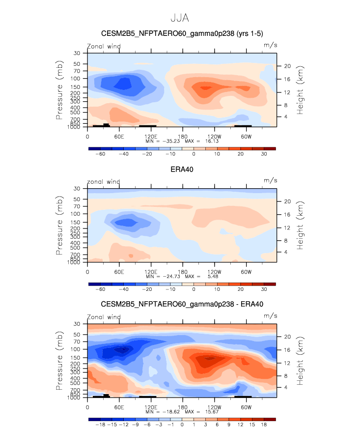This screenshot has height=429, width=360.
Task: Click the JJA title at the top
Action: click(180, 18)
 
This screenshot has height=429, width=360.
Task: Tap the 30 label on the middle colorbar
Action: click(264, 290)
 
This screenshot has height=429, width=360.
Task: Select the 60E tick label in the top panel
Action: click(119, 136)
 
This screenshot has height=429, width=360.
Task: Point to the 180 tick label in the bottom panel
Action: click(182, 406)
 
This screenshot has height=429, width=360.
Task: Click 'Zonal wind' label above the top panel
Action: click(104, 46)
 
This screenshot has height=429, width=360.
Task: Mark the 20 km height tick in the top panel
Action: click(288, 66)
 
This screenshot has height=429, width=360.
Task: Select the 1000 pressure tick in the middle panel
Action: click(75, 263)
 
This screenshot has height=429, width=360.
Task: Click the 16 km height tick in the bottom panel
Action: click(288, 350)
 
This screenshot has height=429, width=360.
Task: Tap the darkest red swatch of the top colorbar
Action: click(270, 148)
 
